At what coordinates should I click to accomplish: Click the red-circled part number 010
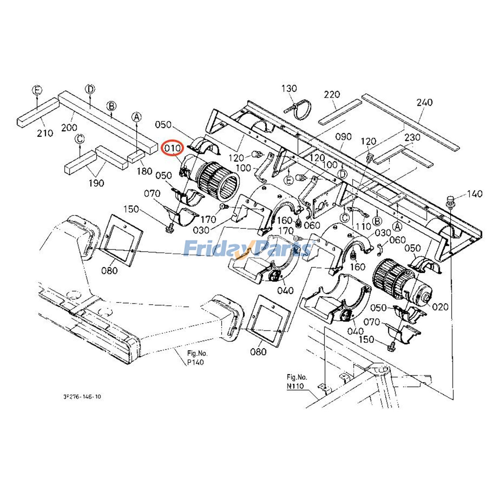(x=172, y=148)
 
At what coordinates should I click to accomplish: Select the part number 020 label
(x=440, y=307)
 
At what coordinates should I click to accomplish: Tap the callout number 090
(x=343, y=137)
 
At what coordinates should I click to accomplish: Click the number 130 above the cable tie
(x=289, y=89)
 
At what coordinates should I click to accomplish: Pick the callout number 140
(x=475, y=194)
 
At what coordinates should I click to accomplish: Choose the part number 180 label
(x=144, y=171)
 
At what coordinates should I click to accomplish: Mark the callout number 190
(x=96, y=183)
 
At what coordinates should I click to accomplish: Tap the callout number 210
(x=45, y=133)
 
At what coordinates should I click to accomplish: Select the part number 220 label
(x=332, y=94)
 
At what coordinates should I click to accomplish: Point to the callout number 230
(x=412, y=137)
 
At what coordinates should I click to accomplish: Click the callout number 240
(x=424, y=102)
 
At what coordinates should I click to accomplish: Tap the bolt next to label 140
(x=451, y=201)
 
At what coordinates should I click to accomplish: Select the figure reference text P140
(x=196, y=362)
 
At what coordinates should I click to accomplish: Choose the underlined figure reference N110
(x=295, y=386)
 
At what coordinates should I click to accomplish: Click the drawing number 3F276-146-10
(x=82, y=397)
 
